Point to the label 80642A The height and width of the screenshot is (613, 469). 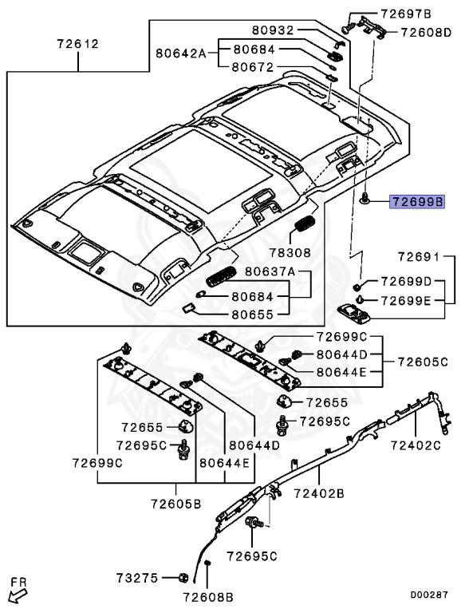tap(181, 53)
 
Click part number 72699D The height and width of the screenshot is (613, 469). tap(405, 282)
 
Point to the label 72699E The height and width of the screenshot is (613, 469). tap(405, 300)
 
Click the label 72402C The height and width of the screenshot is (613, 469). tap(415, 444)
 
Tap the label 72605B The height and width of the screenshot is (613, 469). tap(175, 504)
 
